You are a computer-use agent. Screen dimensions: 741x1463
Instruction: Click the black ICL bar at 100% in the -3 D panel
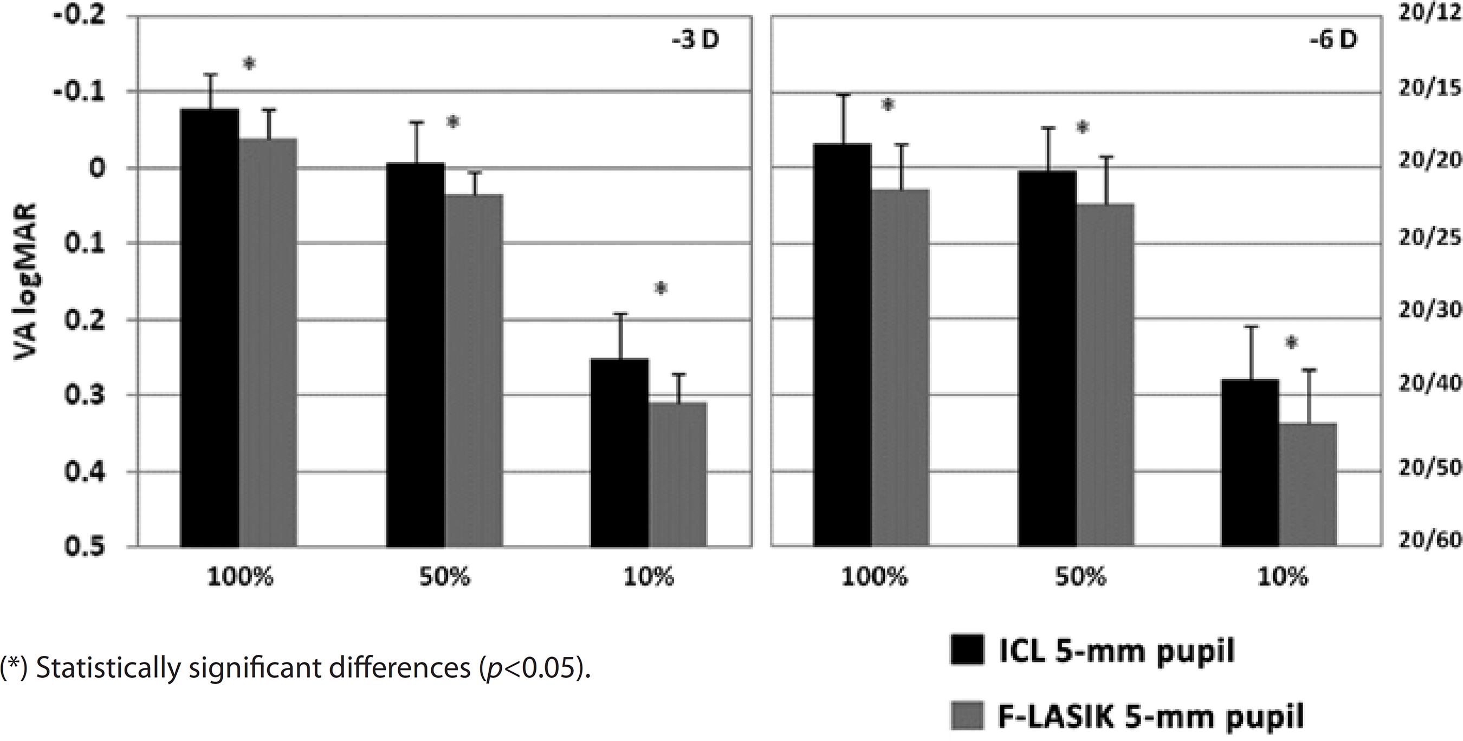[x=209, y=329]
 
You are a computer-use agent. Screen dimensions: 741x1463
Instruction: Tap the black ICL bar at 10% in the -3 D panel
[x=619, y=454]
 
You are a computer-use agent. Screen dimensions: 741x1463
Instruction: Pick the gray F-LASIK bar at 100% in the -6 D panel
[x=900, y=369]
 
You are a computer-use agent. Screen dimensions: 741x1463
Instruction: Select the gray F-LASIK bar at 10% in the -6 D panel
[x=1308, y=486]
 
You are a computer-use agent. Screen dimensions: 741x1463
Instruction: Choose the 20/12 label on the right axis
[x=1428, y=14]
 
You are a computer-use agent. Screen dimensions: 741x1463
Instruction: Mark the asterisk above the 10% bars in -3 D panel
[x=661, y=289]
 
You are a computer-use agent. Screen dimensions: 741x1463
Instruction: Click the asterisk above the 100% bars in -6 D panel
[x=888, y=106]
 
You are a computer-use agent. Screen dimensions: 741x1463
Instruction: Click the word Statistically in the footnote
[x=107, y=669]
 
